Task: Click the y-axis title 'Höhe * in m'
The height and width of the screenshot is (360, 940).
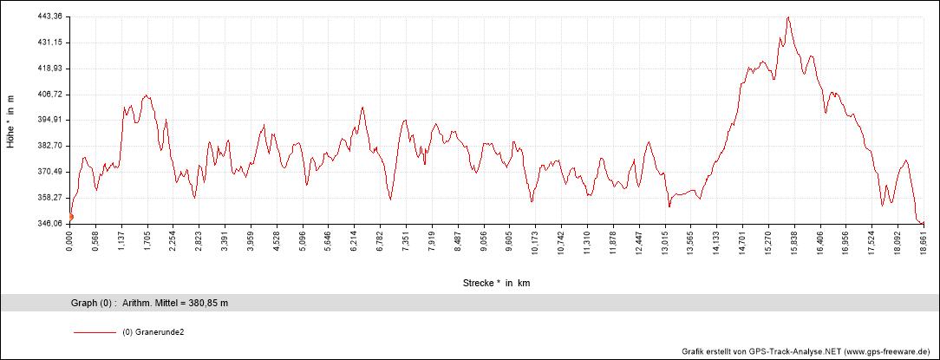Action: pos(11,120)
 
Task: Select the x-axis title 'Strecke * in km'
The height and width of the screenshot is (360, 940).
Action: pos(497,283)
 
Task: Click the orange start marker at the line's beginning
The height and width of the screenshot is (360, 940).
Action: pos(71,217)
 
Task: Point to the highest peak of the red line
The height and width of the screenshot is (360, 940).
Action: pos(788,16)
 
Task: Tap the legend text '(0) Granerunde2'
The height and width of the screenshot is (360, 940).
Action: pos(153,332)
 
